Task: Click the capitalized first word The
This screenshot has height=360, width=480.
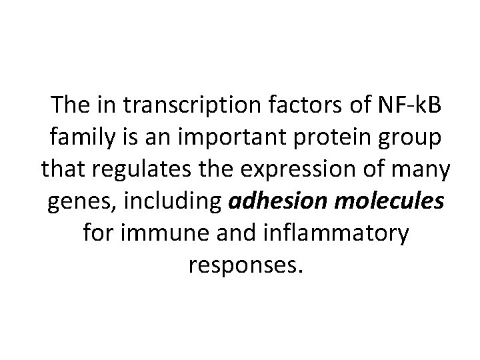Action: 71,105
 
